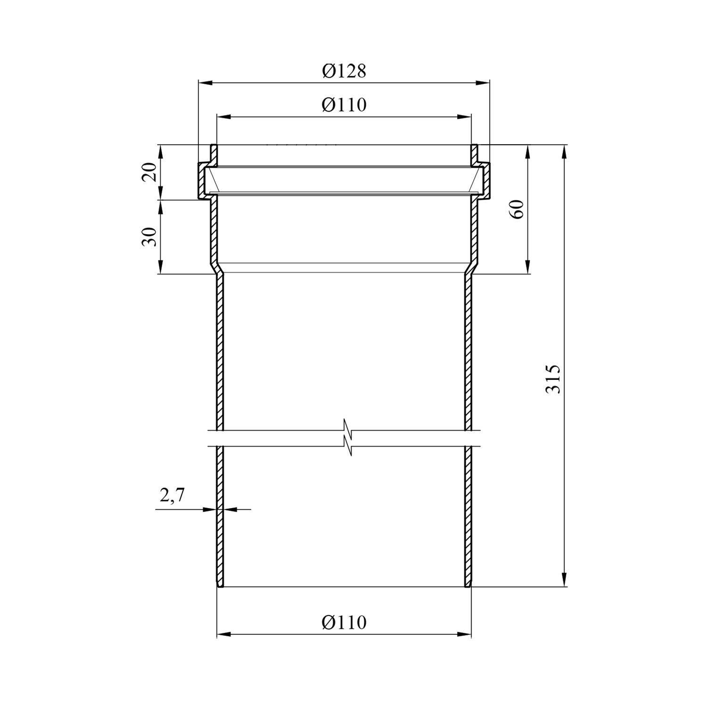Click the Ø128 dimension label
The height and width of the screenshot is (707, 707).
coord(344,71)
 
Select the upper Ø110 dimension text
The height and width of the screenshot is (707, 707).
coord(344,105)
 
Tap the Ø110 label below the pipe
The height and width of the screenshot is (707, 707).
coord(344,623)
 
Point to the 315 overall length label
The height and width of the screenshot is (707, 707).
coord(553,378)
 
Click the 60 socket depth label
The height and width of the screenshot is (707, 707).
coord(518,209)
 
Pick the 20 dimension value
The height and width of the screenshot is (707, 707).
coord(149,172)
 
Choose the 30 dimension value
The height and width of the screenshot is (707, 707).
coord(149,237)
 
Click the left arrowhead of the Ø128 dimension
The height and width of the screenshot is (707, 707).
coord(204,83)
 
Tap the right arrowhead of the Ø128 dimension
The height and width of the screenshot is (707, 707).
coord(484,83)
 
